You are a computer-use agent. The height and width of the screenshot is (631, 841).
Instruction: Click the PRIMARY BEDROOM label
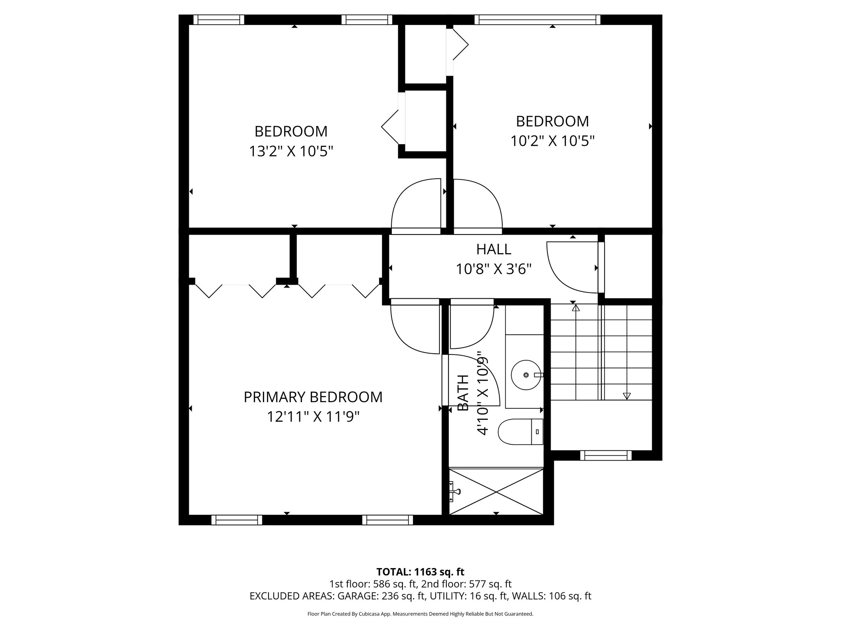[x=313, y=397]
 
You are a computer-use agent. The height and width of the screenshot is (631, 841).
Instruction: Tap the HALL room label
[x=494, y=249]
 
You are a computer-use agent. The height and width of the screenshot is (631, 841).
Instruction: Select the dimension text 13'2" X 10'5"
[x=291, y=152]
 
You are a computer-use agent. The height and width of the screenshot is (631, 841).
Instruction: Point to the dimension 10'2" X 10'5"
[x=552, y=141]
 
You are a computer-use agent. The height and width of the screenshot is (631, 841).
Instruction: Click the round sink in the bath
[x=526, y=375]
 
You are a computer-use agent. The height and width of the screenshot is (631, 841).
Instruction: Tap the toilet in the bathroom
[x=520, y=432]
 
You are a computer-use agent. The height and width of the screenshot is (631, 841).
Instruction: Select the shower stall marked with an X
[x=496, y=491]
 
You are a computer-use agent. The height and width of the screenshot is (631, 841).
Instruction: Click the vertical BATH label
[x=463, y=393]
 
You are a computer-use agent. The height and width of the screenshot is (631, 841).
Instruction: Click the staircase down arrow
[x=626, y=396]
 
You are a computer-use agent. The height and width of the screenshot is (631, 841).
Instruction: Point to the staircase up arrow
[x=575, y=307]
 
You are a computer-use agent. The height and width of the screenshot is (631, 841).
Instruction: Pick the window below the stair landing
[x=606, y=455]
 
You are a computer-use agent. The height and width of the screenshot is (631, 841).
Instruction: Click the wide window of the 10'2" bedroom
[x=537, y=20]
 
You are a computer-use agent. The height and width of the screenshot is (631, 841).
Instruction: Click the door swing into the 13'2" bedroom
[x=416, y=205]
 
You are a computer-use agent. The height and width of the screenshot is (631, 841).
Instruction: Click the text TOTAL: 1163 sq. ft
[x=420, y=572]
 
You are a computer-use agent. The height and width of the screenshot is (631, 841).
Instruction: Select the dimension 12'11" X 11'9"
[x=313, y=417]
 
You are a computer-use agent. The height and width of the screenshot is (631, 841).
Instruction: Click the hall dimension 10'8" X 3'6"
[x=494, y=269]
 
